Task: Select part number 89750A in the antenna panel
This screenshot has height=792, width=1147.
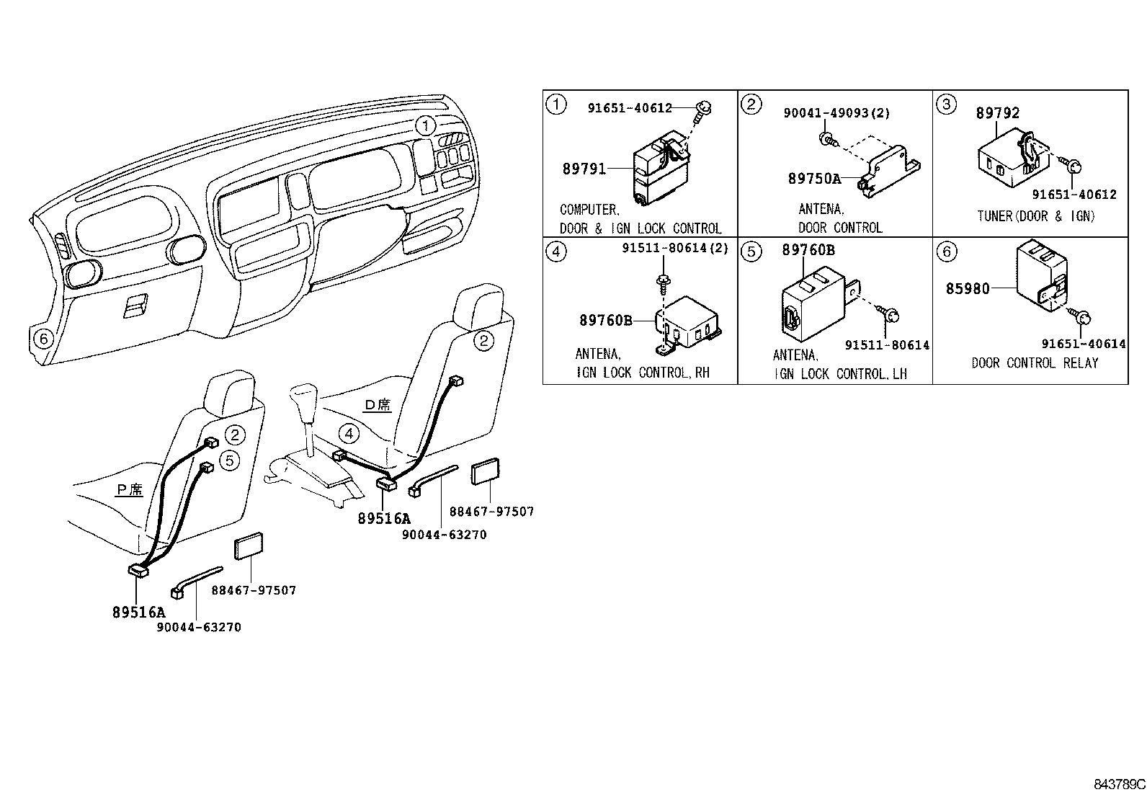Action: click(814, 179)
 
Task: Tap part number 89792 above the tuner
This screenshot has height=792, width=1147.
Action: click(998, 113)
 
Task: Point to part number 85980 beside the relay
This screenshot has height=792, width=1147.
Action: click(968, 289)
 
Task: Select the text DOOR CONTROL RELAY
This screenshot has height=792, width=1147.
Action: click(1035, 363)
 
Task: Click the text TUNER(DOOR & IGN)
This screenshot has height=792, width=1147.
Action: click(1035, 216)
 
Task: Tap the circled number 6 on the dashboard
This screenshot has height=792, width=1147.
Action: click(43, 337)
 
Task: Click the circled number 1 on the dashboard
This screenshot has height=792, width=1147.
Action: click(427, 126)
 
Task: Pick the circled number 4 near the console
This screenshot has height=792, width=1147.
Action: click(349, 433)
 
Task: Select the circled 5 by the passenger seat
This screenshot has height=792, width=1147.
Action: click(228, 460)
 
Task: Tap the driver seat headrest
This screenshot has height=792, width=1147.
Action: click(478, 306)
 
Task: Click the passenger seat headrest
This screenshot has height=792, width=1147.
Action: click(230, 394)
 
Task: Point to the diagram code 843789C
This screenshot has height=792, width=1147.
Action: click(1118, 783)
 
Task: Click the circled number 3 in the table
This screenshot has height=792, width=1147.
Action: click(946, 104)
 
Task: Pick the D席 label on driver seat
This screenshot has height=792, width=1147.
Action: click(378, 404)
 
